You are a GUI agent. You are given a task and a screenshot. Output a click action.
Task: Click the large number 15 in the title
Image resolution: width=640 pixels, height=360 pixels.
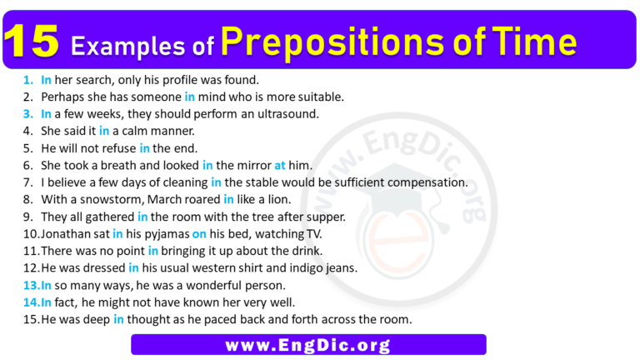tap(32, 42)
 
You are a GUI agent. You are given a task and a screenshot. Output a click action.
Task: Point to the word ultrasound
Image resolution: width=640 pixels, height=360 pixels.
tap(287, 113)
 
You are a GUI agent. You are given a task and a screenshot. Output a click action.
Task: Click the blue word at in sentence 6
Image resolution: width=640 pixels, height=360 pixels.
tap(280, 165)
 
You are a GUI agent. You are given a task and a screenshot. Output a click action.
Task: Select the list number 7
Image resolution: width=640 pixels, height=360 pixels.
tap(27, 182)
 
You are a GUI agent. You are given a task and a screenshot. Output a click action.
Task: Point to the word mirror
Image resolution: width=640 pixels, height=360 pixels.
tap(250, 165)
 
